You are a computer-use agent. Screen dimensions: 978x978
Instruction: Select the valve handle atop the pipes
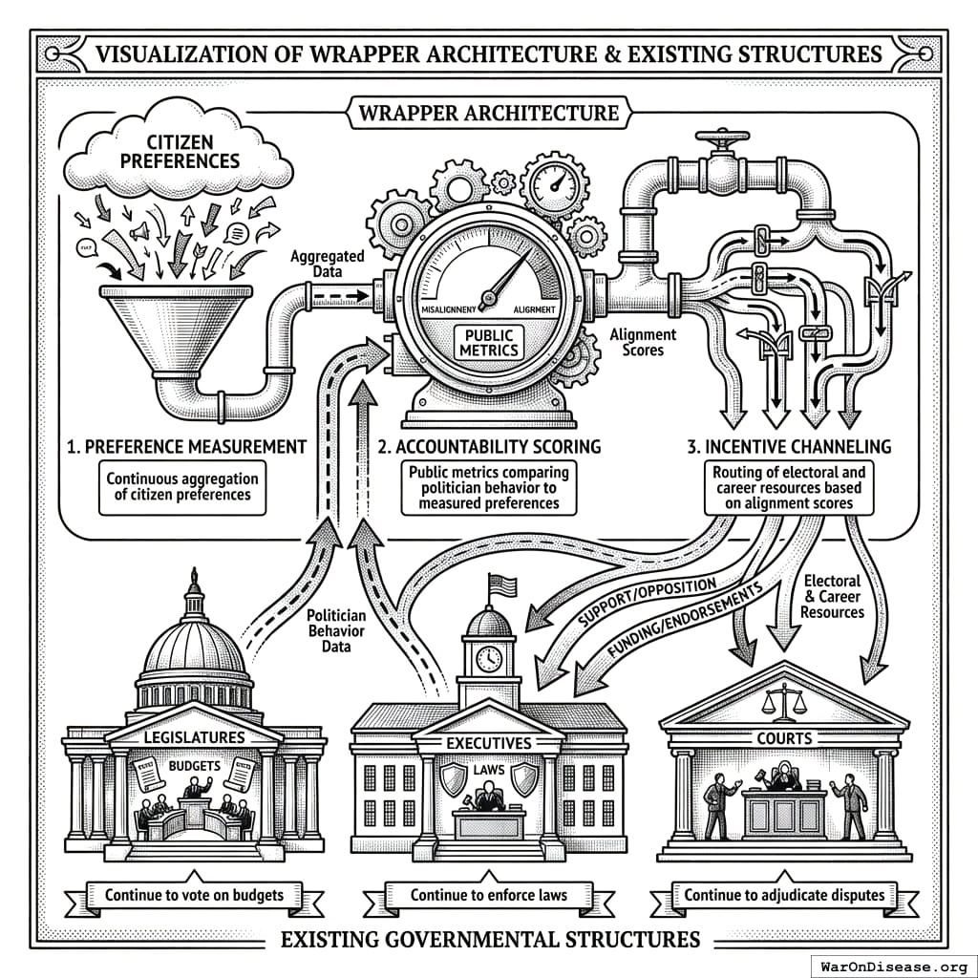point(722,142)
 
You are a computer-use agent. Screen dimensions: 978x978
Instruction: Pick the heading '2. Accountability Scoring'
point(488,447)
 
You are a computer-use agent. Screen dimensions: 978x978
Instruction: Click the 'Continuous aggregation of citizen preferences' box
point(182,485)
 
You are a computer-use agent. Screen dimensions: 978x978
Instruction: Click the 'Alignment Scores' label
point(644,343)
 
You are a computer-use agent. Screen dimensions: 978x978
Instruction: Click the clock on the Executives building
point(489,658)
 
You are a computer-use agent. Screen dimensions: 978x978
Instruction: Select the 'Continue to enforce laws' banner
point(489,895)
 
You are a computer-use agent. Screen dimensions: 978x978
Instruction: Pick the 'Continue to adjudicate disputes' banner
point(790,895)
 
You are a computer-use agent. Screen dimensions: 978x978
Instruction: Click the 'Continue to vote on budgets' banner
point(194,895)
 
